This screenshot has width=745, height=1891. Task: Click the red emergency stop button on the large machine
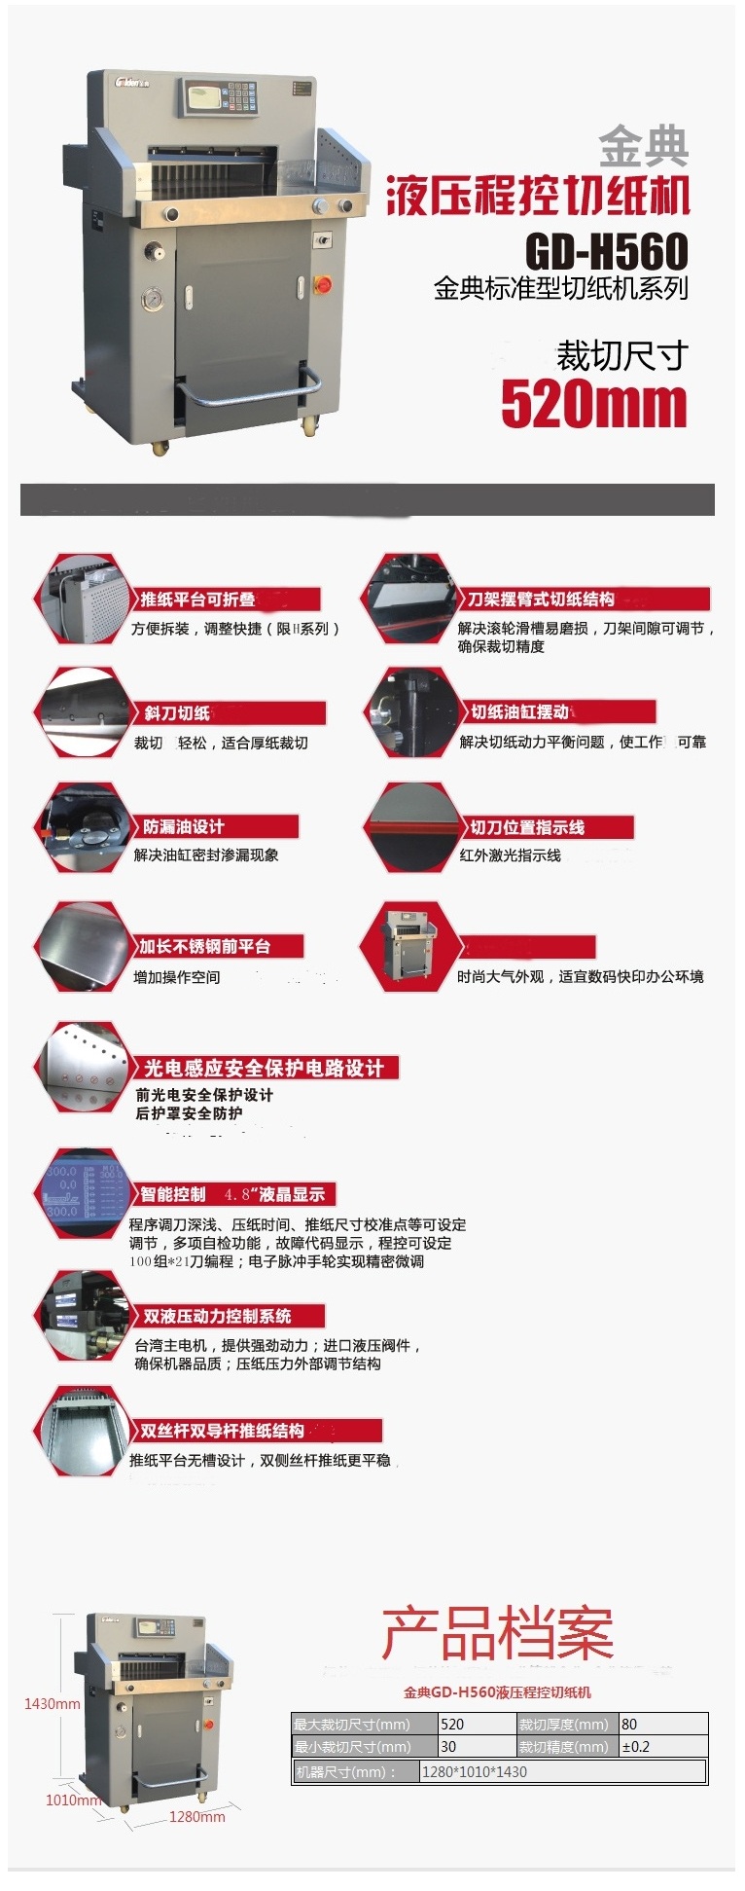[x=324, y=284]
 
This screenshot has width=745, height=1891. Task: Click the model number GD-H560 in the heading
[x=607, y=251]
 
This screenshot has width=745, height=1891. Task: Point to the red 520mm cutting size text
[x=594, y=404]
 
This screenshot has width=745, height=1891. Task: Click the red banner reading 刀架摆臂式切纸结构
[x=585, y=600]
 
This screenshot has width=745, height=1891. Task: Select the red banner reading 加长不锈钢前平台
[x=220, y=946]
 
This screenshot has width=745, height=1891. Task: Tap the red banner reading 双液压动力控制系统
[x=218, y=1316]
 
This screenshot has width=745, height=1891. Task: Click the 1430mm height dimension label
[x=53, y=1704]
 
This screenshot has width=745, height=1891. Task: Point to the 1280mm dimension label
[x=196, y=1817]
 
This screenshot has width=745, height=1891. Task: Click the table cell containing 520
[x=477, y=1724]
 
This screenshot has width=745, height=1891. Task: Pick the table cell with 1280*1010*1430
[x=561, y=1771]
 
